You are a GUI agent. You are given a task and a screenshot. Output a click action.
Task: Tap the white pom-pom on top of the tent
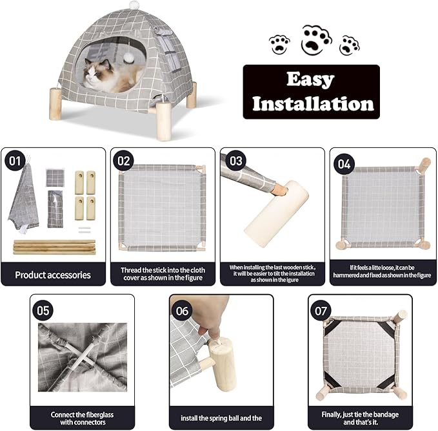(134, 5)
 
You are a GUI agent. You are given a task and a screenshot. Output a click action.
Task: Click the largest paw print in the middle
(316, 39)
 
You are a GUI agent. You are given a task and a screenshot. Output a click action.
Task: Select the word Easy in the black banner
(310, 80)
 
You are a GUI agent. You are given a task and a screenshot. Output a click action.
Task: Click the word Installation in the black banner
(312, 103)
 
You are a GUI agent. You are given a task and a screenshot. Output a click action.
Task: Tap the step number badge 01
(14, 160)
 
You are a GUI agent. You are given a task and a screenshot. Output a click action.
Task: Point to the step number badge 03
(234, 160)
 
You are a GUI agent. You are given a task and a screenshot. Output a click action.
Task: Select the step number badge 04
(344, 163)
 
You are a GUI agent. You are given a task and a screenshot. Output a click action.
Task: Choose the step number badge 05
(43, 310)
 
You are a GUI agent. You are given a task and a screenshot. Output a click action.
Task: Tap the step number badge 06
(183, 311)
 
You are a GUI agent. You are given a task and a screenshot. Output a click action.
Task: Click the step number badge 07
(321, 311)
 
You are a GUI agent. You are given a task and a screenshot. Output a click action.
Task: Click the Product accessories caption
(54, 275)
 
